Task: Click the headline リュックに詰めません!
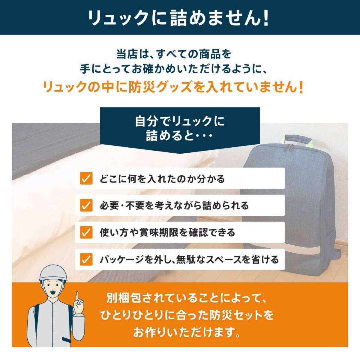pos(179,18)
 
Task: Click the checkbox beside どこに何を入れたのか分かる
pos(86,178)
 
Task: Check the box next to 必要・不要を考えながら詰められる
pos(86,205)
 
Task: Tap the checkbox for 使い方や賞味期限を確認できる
pos(86,232)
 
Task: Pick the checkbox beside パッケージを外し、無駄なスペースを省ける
pos(86,259)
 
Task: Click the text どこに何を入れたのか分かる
pos(162,179)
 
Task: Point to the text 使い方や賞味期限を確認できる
pos(167,233)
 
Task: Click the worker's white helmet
pos(53,272)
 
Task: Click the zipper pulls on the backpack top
pos(290,147)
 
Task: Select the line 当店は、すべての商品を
pos(174,54)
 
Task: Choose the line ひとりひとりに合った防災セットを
pos(187,315)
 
